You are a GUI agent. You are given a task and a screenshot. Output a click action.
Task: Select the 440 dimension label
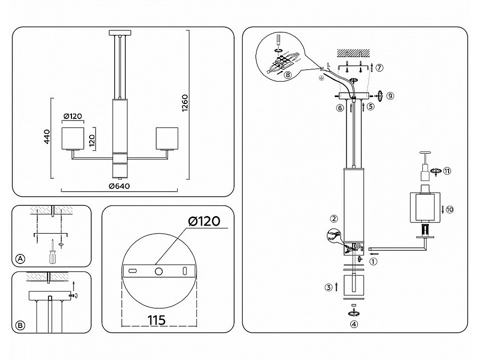(x=47, y=138)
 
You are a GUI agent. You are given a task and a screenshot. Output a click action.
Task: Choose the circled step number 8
(x=288, y=75)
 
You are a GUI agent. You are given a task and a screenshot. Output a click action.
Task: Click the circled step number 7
(x=379, y=68)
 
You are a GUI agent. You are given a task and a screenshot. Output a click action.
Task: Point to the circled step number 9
(x=390, y=96)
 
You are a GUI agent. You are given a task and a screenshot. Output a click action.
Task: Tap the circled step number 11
(x=447, y=171)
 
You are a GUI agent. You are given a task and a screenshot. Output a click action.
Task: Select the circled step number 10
(x=450, y=210)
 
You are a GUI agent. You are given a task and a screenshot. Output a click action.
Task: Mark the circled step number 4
(x=354, y=324)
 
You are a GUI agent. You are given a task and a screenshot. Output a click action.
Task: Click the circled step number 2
(x=334, y=218)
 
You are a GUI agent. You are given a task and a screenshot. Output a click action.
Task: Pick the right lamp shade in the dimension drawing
(x=165, y=138)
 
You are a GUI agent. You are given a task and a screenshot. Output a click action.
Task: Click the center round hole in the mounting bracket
(x=158, y=271)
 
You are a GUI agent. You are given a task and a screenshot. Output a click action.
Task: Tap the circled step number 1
(x=373, y=261)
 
